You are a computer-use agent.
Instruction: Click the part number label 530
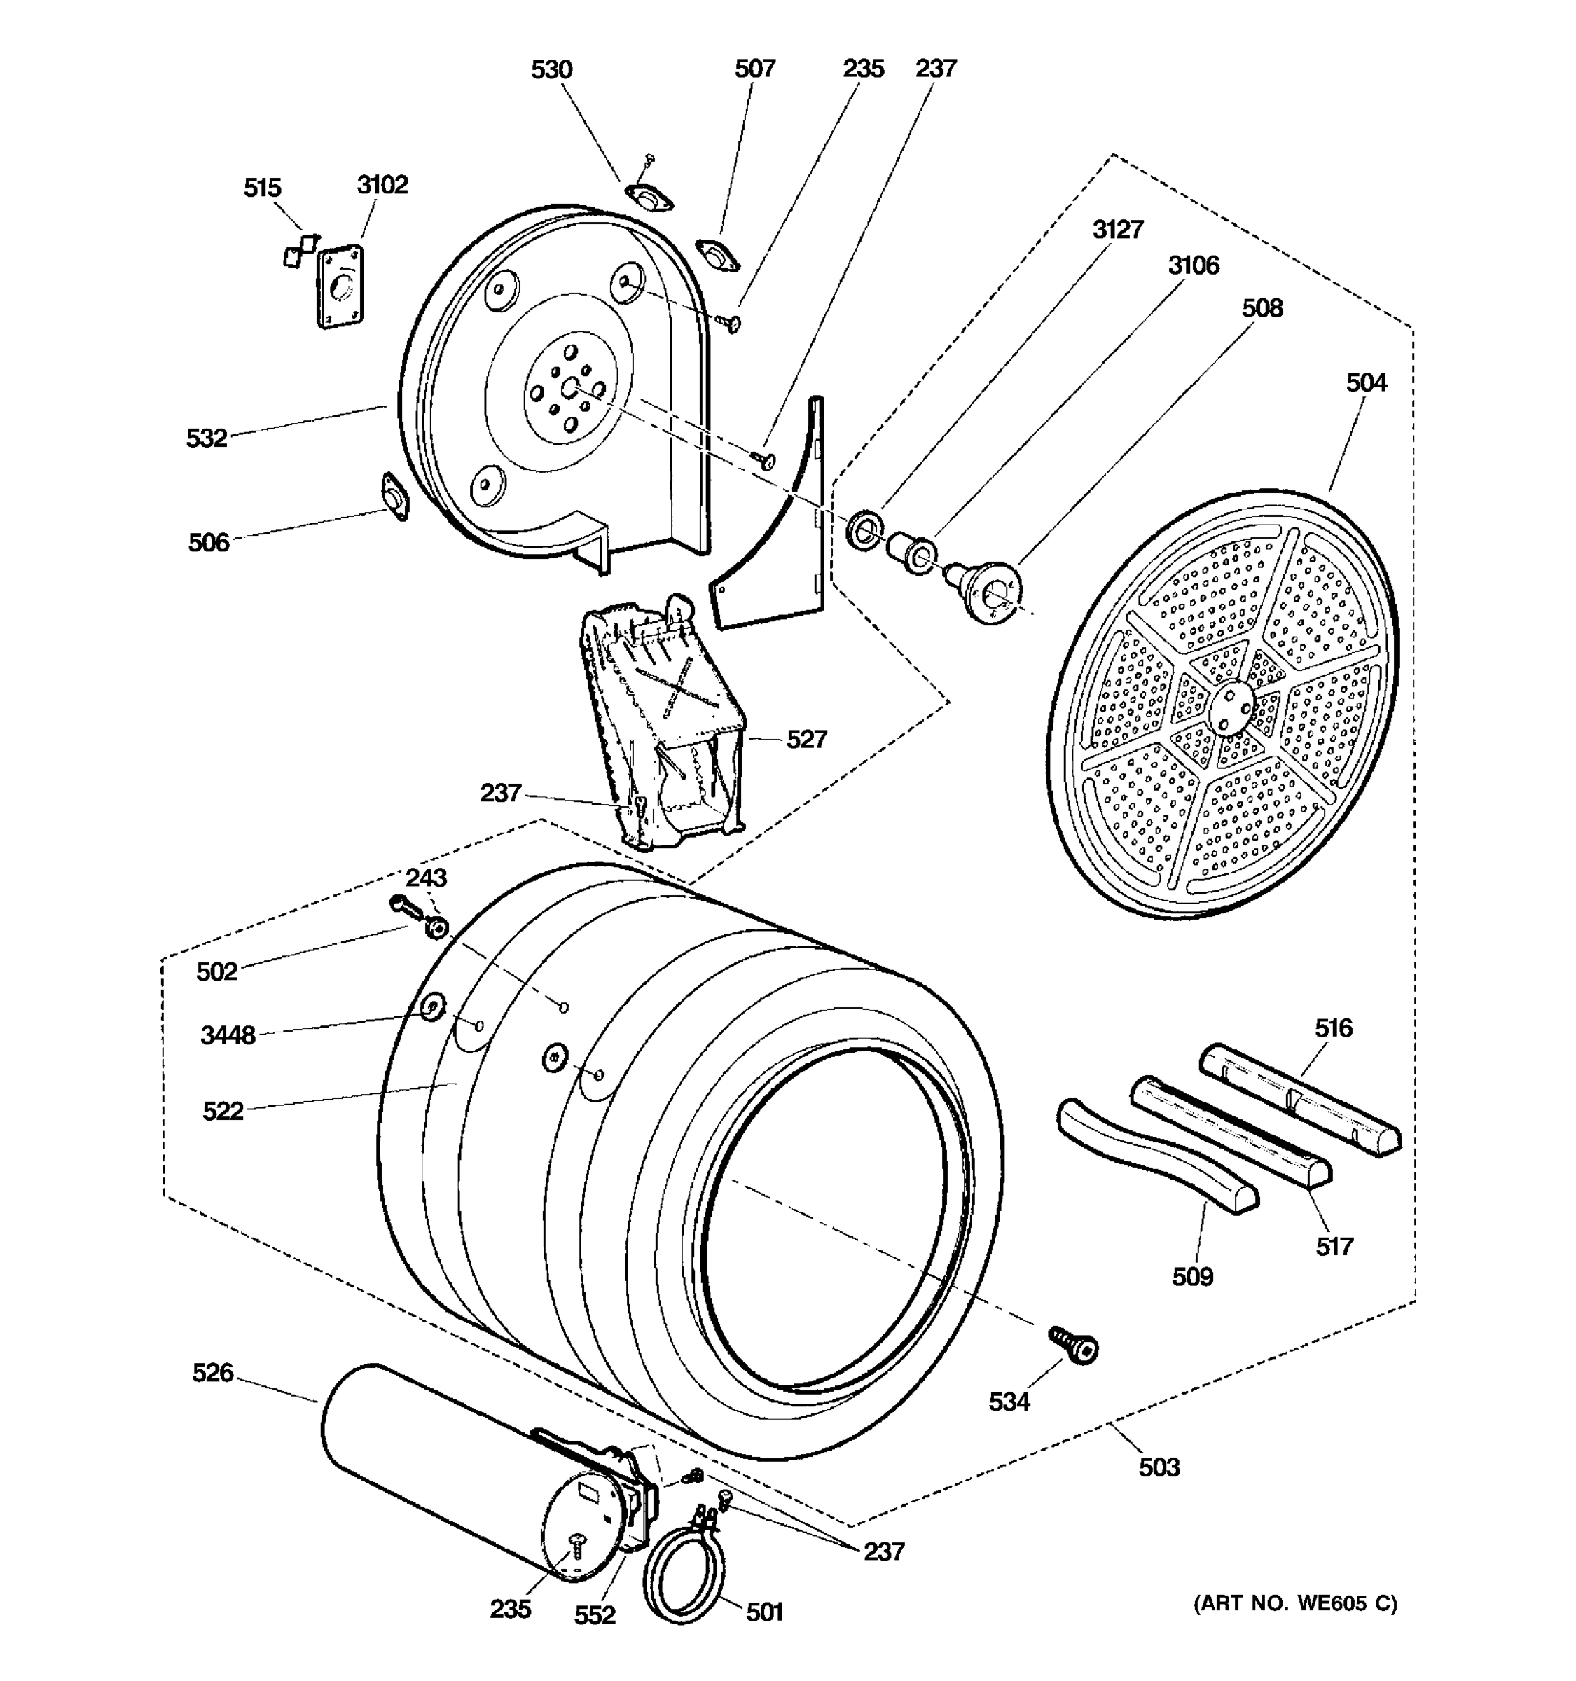(551, 69)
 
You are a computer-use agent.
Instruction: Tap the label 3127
(1118, 229)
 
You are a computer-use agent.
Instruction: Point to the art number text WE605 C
(1295, 1604)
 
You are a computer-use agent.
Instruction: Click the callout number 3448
(228, 1035)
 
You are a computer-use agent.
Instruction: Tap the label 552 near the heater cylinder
(595, 1616)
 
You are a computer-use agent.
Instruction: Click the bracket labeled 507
(717, 254)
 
